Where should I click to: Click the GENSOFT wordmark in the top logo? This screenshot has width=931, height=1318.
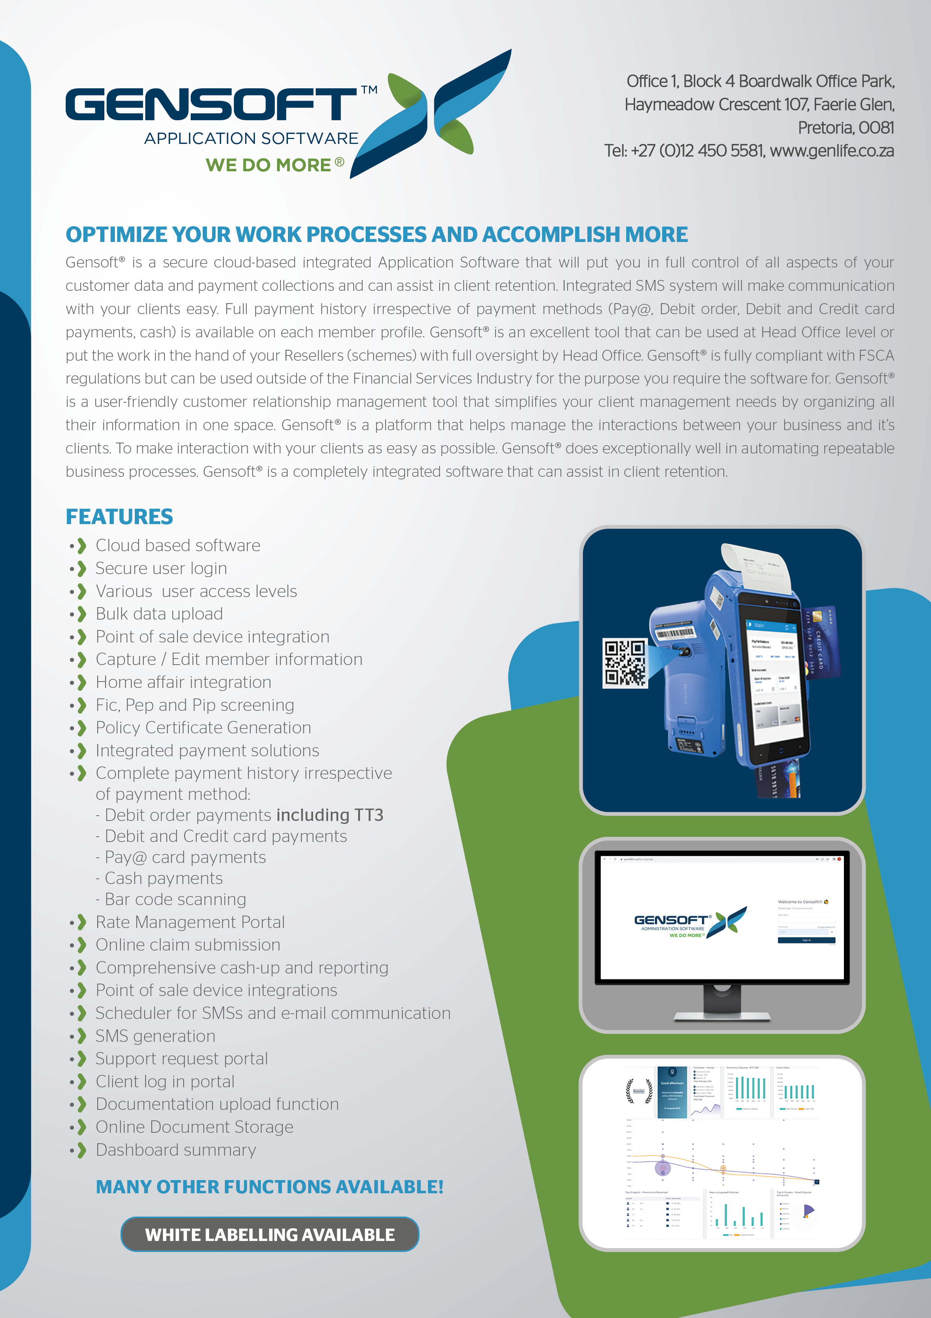tap(211, 104)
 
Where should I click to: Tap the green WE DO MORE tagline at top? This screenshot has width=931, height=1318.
tap(268, 165)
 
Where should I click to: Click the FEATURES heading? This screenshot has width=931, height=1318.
tap(119, 517)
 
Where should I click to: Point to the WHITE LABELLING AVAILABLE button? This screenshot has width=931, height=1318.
tap(270, 1234)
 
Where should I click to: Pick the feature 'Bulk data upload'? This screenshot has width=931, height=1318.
tap(159, 614)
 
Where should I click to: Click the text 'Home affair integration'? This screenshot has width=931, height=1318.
tap(183, 682)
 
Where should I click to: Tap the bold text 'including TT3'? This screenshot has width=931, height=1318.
tap(329, 815)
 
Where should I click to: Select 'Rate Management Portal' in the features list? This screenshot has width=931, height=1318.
tap(190, 922)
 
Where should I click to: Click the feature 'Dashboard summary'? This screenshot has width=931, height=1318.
tap(176, 1150)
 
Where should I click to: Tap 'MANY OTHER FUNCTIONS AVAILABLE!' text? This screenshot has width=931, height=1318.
tap(270, 1187)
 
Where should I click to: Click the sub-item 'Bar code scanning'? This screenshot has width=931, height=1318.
tap(175, 899)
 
